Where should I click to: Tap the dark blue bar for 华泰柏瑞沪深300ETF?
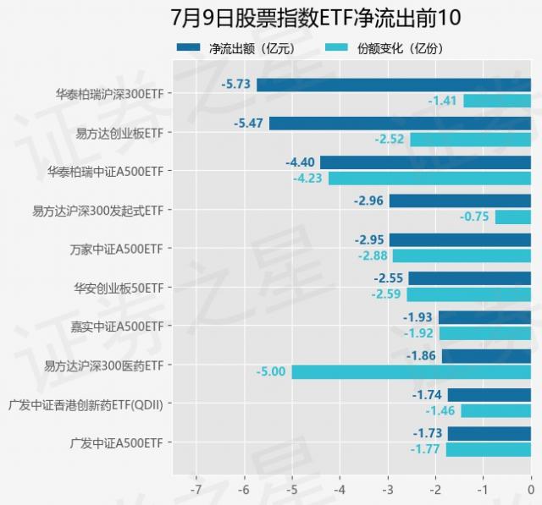[x=394, y=85]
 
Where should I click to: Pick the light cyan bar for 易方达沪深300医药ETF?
[x=411, y=372]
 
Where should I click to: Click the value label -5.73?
[x=236, y=85]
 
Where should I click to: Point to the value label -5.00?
[x=272, y=372]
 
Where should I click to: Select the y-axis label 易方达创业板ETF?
[x=119, y=133]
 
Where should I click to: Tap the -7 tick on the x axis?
[x=196, y=490]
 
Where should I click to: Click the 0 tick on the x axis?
[x=530, y=490]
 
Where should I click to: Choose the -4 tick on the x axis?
[x=340, y=490]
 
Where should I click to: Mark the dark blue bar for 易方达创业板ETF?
[x=400, y=124]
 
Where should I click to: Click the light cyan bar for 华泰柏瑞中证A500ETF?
[x=429, y=178]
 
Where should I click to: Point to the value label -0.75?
[x=475, y=217]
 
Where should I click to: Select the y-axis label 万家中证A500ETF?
[x=117, y=249]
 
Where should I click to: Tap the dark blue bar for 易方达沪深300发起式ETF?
[x=460, y=200]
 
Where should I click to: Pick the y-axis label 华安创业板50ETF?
[x=119, y=288]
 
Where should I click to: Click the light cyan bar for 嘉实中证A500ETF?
[x=484, y=333]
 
